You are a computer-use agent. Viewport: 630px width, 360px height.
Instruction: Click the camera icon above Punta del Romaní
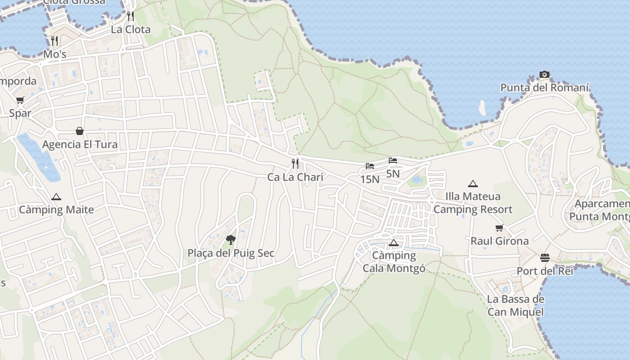544,74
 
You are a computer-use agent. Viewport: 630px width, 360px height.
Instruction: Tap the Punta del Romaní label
544,87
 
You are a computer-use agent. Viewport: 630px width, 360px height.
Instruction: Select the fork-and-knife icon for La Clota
130,16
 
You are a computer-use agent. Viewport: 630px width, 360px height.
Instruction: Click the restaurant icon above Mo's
54,41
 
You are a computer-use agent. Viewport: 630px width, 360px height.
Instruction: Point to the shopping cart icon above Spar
20,100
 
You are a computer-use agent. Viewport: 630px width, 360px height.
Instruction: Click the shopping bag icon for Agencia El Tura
80,131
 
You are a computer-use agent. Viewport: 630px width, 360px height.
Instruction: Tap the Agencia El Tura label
80,144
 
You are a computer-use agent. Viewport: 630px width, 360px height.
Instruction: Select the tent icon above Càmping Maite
56,197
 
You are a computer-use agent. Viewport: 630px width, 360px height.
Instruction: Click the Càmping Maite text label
56,210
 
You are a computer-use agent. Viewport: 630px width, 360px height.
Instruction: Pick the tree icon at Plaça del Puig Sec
231,239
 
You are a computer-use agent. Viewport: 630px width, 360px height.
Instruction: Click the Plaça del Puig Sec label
231,253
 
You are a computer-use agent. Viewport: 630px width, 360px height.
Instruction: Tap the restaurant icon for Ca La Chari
295,163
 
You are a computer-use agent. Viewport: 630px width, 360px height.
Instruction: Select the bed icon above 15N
370,166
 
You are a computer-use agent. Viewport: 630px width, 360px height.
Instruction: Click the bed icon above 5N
393,161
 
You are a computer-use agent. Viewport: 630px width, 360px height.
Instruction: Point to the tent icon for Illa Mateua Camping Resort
472,184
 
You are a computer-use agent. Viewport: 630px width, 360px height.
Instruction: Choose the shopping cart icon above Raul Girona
499,228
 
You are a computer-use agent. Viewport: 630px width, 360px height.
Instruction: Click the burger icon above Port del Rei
545,258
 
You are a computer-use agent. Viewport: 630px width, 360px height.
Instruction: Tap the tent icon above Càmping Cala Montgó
394,243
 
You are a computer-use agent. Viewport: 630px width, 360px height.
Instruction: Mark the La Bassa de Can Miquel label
515,306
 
